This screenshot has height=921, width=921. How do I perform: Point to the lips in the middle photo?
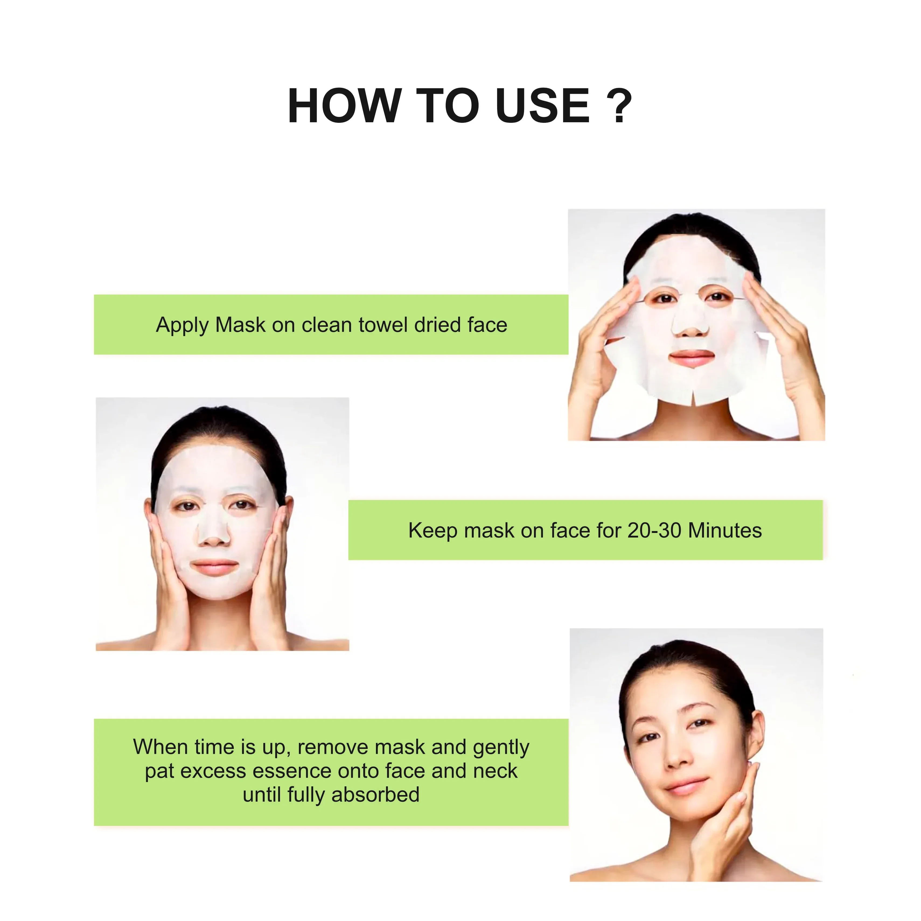point(215,567)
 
